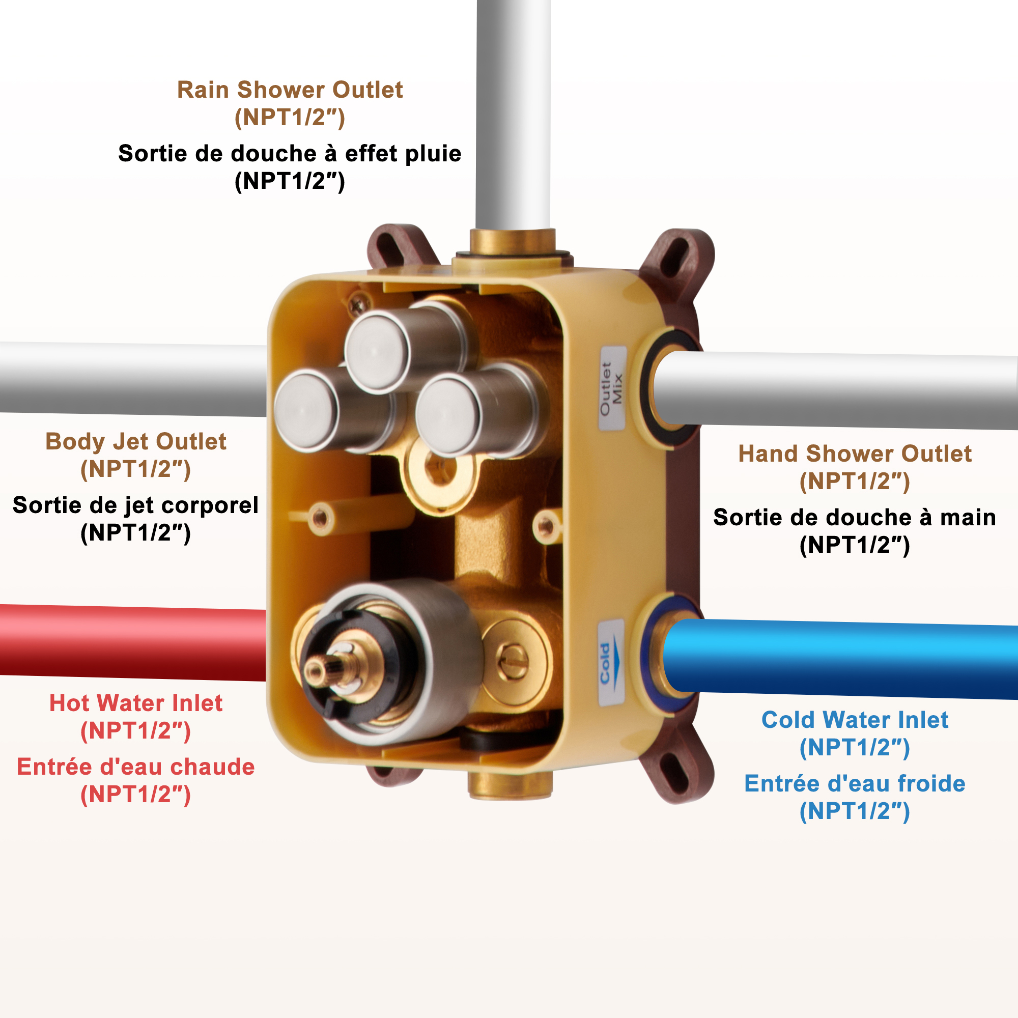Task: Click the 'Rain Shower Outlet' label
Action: tap(290, 90)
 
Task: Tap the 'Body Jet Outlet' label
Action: tap(135, 441)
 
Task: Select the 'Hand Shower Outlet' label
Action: tap(855, 454)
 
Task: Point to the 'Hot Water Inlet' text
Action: tap(135, 703)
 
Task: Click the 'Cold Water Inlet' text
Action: tap(855, 720)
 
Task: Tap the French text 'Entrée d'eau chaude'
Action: tap(135, 767)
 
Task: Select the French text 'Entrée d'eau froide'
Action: tap(855, 783)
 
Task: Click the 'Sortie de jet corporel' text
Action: tap(135, 505)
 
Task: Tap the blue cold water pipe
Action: tap(843, 659)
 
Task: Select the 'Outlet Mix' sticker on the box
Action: tap(612, 388)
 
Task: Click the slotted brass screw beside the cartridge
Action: tap(513, 660)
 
